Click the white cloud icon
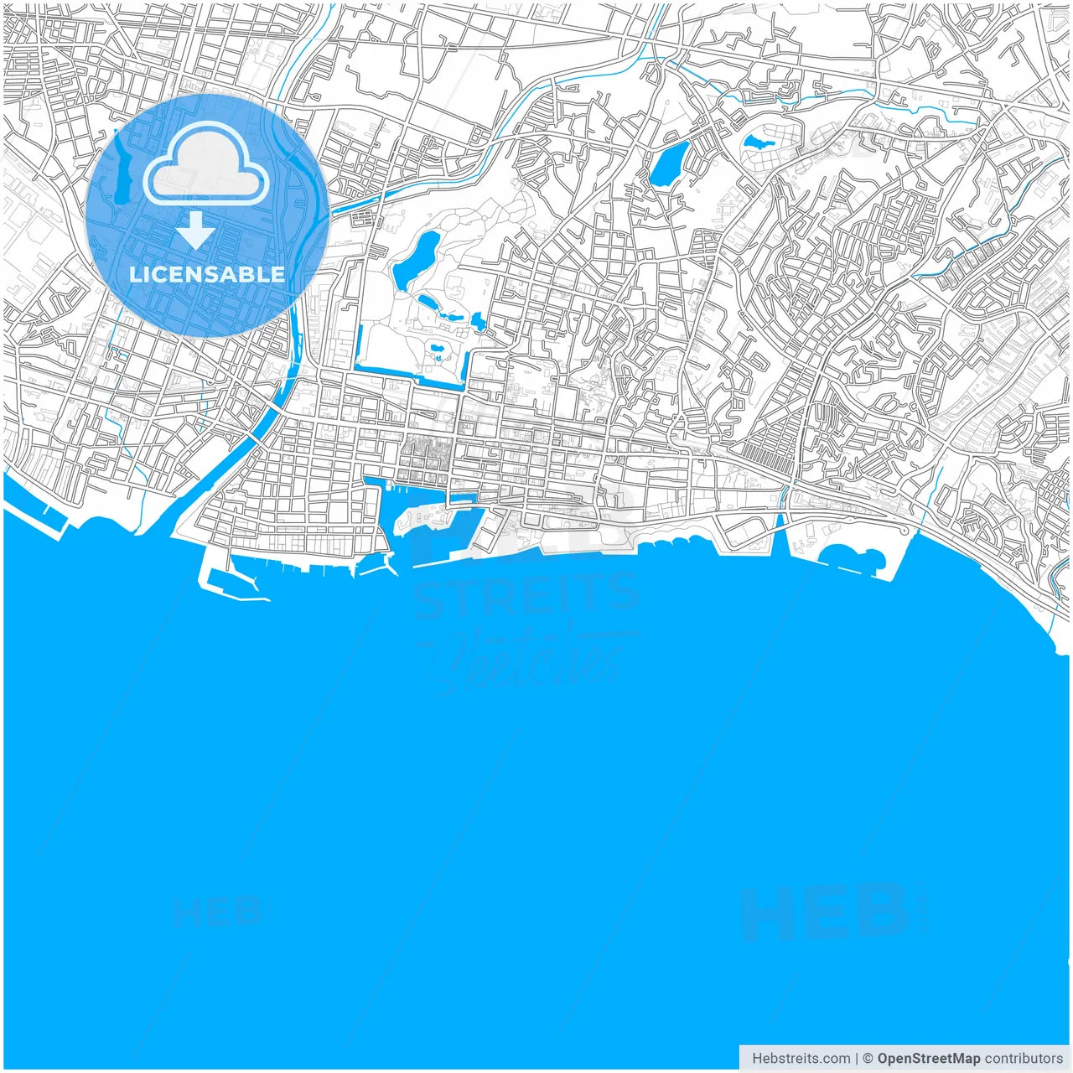coord(206,164)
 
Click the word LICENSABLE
coord(206,274)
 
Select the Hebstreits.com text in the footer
coord(801,1059)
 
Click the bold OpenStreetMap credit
coord(928,1059)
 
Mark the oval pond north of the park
coord(670,163)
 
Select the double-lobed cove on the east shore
coord(851,557)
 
